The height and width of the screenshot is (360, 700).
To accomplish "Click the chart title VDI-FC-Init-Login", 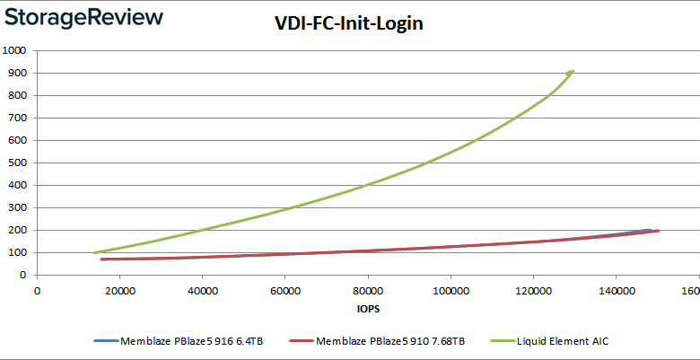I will [x=348, y=24].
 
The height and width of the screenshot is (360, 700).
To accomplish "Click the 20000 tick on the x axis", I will [x=120, y=291].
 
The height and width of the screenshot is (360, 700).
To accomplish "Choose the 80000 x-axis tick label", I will [x=368, y=291].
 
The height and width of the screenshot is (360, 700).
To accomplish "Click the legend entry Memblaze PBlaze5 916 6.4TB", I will [x=189, y=342].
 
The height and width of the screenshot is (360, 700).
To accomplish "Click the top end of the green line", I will [x=572, y=71].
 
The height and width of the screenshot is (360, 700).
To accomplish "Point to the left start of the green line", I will [x=95, y=252].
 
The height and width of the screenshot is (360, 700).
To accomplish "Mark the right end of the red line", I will [x=658, y=231].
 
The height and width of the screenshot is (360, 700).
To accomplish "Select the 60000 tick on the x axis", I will [x=285, y=291].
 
